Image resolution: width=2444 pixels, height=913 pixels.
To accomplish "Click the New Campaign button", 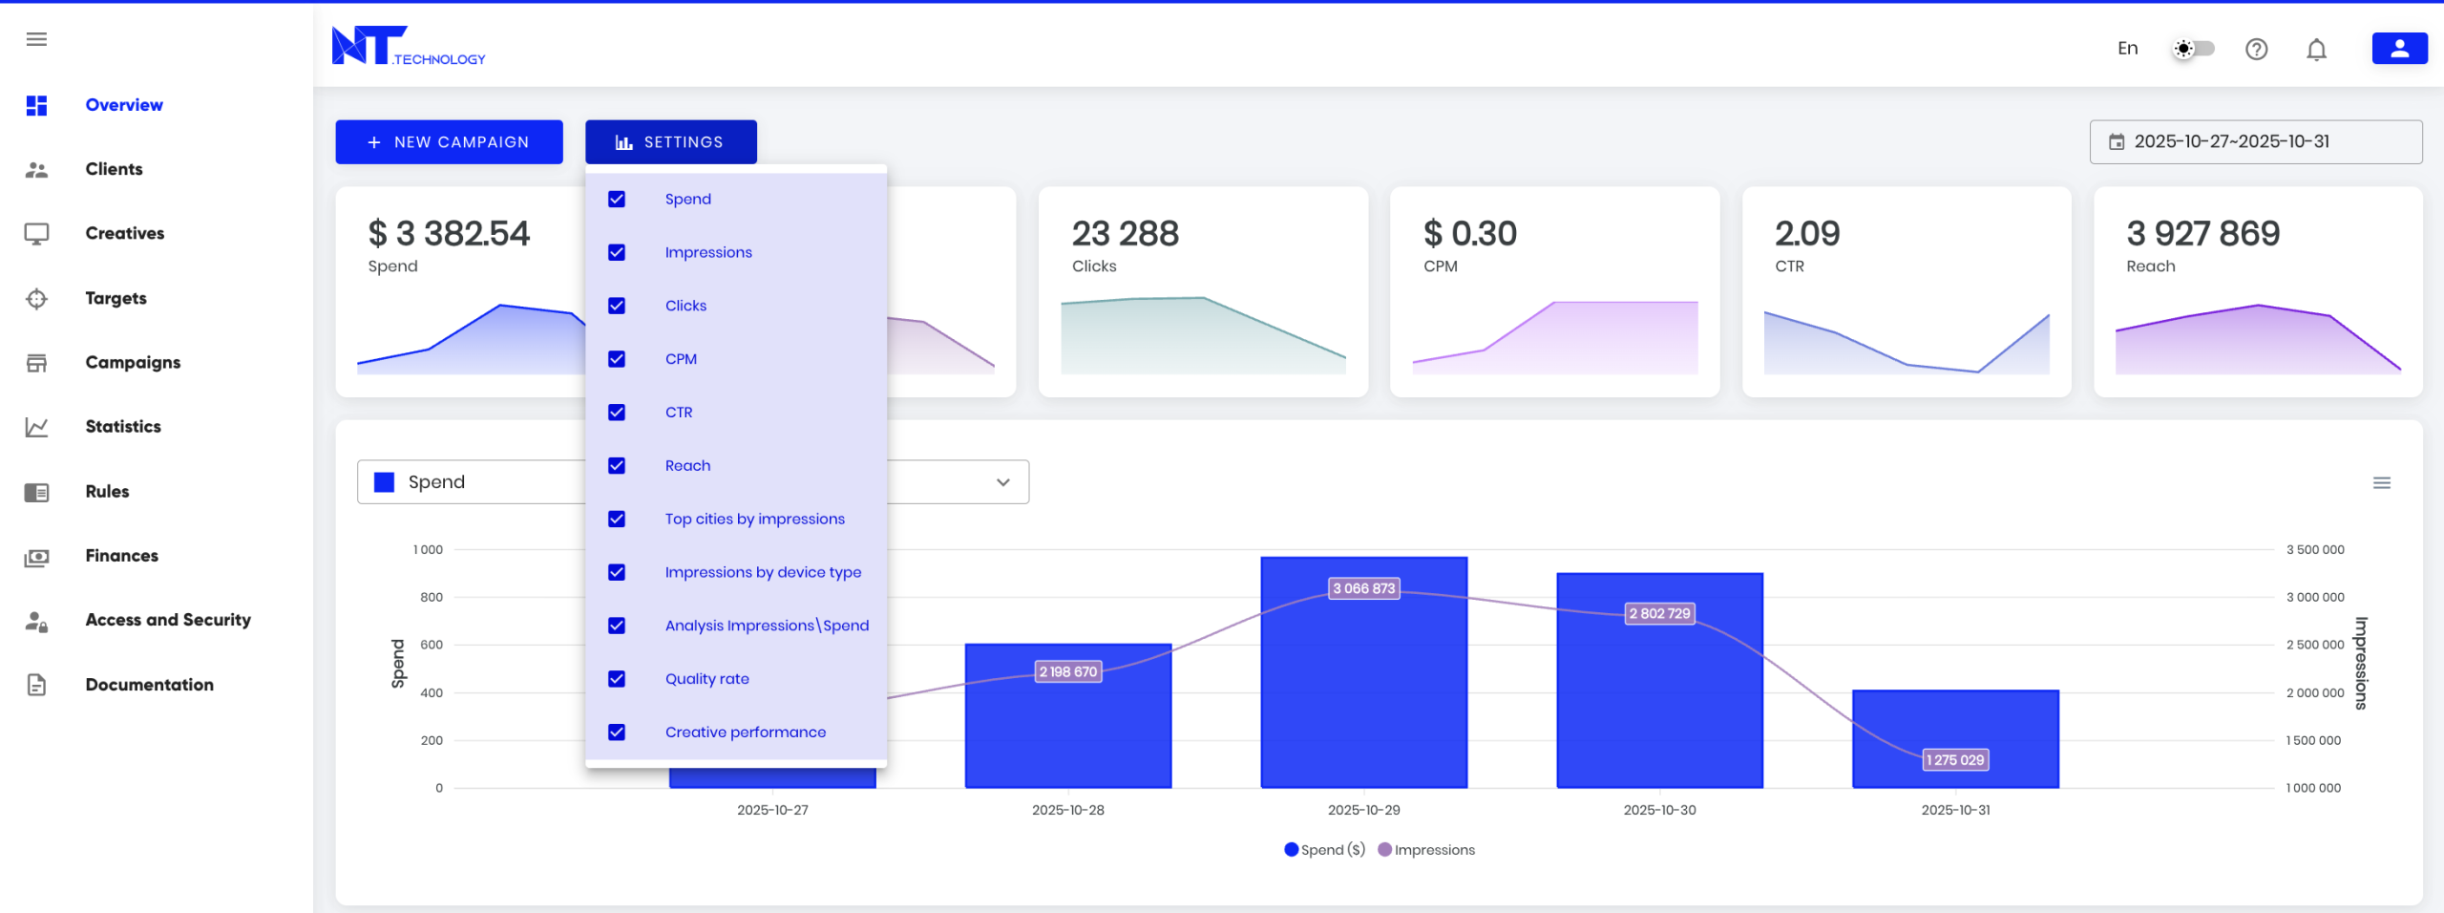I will (449, 142).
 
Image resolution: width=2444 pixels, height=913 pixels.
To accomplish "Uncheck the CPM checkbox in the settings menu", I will (617, 359).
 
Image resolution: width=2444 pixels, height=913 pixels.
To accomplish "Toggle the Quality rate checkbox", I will (617, 679).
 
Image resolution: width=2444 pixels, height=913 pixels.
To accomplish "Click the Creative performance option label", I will (745, 733).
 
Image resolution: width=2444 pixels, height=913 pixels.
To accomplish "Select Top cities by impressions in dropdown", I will (754, 520).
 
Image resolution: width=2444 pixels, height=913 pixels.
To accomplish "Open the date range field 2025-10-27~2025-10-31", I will (2255, 142).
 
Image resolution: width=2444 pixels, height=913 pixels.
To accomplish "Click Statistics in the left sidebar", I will (123, 427).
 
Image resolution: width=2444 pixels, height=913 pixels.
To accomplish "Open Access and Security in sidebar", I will (168, 620).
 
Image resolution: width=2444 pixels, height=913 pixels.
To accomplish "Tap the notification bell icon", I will (2316, 50).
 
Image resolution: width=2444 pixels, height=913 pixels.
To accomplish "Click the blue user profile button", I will (2399, 49).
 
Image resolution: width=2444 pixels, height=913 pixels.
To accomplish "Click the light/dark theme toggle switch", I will (2193, 49).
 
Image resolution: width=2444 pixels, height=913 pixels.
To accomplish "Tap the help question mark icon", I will (2256, 50).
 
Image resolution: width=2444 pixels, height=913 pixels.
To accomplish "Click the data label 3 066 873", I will (1363, 588).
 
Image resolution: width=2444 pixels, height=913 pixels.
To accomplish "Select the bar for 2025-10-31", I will (1955, 726).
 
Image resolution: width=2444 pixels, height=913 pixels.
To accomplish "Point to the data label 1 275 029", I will (1954, 760).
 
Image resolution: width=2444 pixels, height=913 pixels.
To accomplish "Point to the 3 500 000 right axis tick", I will (2314, 550).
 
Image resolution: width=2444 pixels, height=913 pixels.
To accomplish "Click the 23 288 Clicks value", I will (1125, 234).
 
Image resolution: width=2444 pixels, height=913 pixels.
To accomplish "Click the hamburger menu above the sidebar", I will (36, 39).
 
